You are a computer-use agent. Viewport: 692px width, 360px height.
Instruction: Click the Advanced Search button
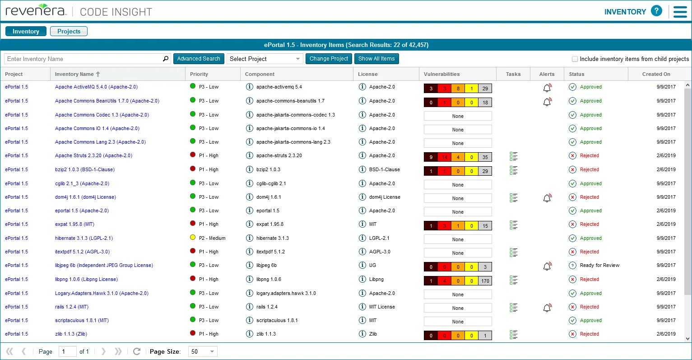[199, 59]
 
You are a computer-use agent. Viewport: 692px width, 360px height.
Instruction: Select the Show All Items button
[376, 59]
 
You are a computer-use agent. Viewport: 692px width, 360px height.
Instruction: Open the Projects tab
[69, 31]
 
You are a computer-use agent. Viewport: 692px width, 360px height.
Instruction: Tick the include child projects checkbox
[575, 59]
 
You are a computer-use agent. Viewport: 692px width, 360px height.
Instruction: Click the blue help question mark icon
[656, 11]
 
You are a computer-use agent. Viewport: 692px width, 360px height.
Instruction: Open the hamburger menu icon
[680, 12]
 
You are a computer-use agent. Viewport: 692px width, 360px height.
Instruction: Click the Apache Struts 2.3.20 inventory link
[93, 155]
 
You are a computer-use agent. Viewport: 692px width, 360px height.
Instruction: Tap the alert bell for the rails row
[547, 308]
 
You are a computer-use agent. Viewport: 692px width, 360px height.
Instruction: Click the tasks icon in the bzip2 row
[513, 170]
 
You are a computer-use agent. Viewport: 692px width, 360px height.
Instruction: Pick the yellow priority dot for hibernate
[193, 238]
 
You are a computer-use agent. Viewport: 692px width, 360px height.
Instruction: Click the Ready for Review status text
[599, 265]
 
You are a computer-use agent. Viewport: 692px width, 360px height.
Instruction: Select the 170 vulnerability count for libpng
[485, 281]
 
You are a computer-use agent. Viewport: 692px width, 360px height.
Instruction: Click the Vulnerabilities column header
[441, 74]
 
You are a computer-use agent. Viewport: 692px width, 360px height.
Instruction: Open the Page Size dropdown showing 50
[203, 351]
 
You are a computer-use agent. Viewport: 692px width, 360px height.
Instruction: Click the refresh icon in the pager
[137, 351]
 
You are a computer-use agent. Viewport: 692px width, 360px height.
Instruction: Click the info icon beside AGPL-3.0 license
[362, 252]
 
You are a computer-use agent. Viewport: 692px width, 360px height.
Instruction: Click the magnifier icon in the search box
[165, 59]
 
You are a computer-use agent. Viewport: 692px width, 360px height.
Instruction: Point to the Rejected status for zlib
[589, 334]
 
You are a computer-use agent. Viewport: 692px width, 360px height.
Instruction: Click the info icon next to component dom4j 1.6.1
[249, 197]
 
